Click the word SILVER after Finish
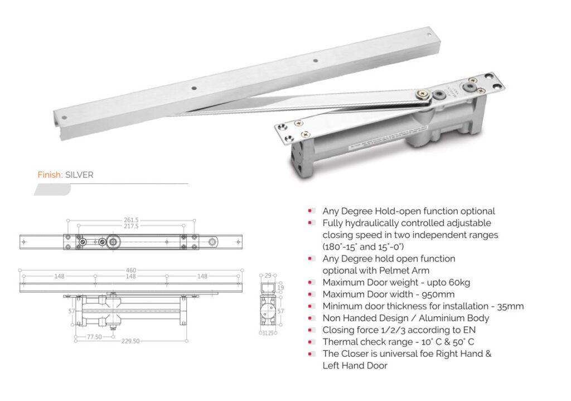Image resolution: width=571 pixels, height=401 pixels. click(79, 175)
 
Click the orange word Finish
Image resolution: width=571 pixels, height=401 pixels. click(50, 175)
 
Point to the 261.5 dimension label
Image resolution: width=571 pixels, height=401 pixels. click(132, 219)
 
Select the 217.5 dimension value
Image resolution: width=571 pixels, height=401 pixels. click(132, 226)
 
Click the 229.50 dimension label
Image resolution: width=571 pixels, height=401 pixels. click(132, 342)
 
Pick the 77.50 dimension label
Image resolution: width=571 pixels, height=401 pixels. click(95, 336)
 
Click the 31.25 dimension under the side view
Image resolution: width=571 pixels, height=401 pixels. click(268, 334)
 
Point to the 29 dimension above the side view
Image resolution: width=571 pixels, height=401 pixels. click(267, 276)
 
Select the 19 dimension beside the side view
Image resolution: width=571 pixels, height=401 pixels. click(281, 288)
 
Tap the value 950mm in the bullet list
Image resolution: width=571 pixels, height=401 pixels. click(438, 294)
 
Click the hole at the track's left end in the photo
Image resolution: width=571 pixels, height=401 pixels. click(65, 118)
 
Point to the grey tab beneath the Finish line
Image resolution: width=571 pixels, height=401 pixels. click(52, 190)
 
